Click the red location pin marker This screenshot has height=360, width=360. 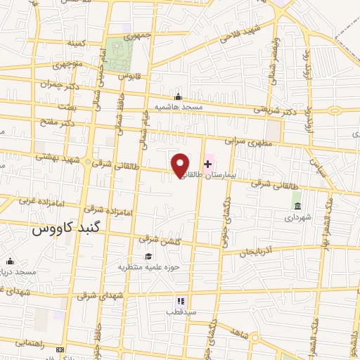[x=181, y=165]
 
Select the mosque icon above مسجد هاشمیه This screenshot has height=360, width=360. [x=179, y=97]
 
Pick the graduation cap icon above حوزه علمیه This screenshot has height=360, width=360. [x=148, y=257]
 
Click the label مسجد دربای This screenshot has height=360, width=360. [x=20, y=271]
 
